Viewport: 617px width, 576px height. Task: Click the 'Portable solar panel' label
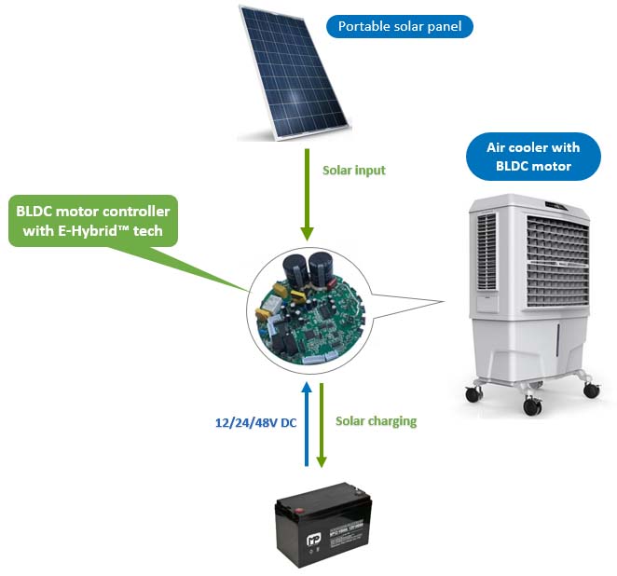pos(399,25)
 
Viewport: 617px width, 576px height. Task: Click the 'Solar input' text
pos(353,171)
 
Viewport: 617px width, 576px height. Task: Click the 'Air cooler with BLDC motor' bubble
pos(532,157)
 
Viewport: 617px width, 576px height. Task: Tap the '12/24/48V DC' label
pos(250,422)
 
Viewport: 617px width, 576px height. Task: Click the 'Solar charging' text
pos(376,421)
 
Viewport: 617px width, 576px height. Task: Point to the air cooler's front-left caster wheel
pos(532,405)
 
